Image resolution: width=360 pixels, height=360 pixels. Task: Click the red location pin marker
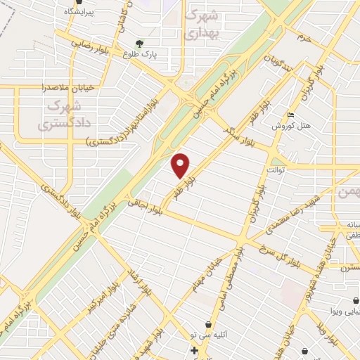click(x=181, y=165)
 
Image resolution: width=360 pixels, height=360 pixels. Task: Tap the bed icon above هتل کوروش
click(x=291, y=115)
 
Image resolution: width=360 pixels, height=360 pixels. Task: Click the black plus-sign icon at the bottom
click(x=194, y=349)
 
